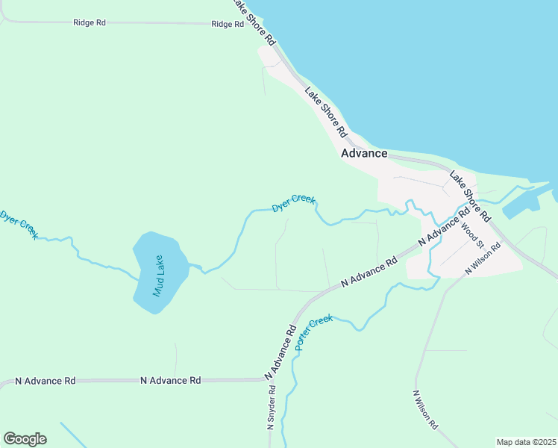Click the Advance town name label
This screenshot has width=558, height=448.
tap(364, 153)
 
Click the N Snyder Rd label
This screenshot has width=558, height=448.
tap(272, 408)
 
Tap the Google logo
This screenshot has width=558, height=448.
tap(25, 439)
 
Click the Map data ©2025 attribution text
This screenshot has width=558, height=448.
tap(527, 442)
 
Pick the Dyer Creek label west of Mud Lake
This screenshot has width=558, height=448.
tap(19, 225)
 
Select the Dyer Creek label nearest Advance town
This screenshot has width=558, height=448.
tap(293, 203)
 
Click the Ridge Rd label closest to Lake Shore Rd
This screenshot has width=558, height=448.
tap(228, 24)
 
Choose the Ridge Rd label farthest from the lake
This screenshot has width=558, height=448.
tap(90, 22)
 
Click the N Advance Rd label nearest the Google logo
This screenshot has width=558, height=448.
tap(46, 381)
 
